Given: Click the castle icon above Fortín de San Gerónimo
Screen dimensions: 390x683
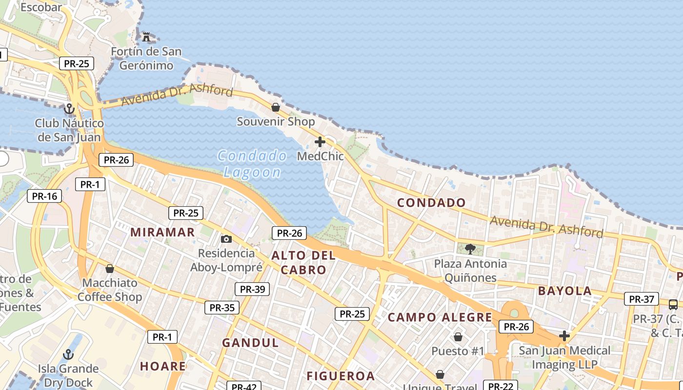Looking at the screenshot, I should pyautogui.click(x=146, y=37).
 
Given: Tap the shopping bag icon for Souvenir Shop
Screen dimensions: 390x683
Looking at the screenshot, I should pyautogui.click(x=276, y=107).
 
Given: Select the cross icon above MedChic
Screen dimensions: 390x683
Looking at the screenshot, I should pyautogui.click(x=320, y=142).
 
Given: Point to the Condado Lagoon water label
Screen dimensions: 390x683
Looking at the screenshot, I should pyautogui.click(x=252, y=164).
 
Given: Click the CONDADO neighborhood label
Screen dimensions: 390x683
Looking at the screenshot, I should pyautogui.click(x=431, y=203).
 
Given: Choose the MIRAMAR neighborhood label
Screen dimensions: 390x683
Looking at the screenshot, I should pyautogui.click(x=162, y=232).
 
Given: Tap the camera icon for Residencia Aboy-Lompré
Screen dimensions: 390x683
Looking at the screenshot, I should pyautogui.click(x=226, y=239).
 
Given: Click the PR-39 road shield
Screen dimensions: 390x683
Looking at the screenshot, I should pyautogui.click(x=252, y=289).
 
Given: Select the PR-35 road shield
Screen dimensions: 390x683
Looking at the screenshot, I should pyautogui.click(x=222, y=308).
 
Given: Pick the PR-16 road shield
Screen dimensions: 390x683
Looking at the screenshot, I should pyautogui.click(x=45, y=196).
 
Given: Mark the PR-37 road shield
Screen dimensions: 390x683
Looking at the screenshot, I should pyautogui.click(x=642, y=299).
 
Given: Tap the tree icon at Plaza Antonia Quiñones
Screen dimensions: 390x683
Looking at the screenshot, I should pyautogui.click(x=470, y=249).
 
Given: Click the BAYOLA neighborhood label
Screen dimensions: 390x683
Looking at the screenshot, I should pyautogui.click(x=564, y=291).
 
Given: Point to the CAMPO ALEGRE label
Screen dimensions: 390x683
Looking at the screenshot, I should pyautogui.click(x=440, y=318).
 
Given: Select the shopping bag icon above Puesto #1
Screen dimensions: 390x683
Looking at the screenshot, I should pyautogui.click(x=458, y=336).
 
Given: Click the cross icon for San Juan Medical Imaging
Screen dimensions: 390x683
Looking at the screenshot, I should pyautogui.click(x=564, y=335).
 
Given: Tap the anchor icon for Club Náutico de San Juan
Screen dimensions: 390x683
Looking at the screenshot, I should pyautogui.click(x=69, y=109).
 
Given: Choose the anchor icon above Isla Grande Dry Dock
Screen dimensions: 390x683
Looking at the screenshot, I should pyautogui.click(x=68, y=354).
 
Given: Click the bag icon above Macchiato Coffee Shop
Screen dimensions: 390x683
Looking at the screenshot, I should pyautogui.click(x=110, y=269).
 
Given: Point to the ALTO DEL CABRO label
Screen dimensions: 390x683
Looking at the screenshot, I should pyautogui.click(x=303, y=262).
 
